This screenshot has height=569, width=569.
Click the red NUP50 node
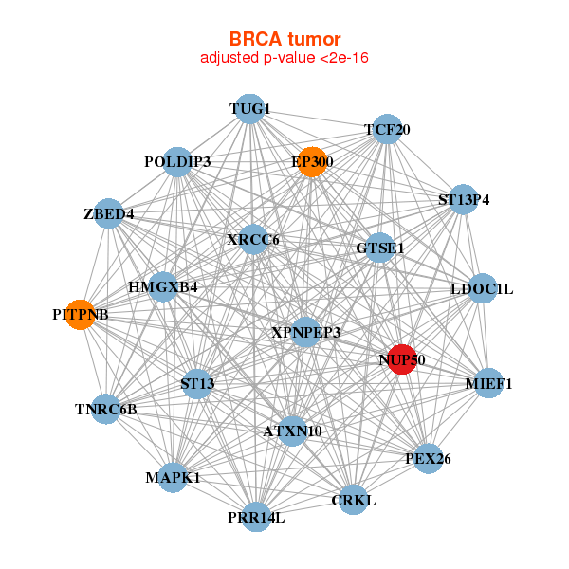(402, 359)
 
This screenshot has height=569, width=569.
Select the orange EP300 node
(312, 162)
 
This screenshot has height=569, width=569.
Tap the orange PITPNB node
(81, 315)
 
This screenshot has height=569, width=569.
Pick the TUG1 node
(249, 109)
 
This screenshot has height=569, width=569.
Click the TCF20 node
(387, 129)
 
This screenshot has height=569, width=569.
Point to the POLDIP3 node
(177, 162)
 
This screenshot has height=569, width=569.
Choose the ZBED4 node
(109, 213)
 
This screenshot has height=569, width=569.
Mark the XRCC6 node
(253, 240)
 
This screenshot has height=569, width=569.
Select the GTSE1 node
(379, 248)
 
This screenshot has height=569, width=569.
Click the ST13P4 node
(464, 199)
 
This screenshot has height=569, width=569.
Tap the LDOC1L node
(482, 289)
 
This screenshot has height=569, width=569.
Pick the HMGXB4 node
(163, 287)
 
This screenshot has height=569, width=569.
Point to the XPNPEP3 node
(306, 332)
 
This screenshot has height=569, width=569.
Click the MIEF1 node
(488, 383)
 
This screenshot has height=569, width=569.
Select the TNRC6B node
(105, 409)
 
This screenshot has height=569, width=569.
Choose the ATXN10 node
(292, 431)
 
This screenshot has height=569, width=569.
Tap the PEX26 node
(428, 458)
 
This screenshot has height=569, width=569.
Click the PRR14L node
(256, 517)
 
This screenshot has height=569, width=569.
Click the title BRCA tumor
(284, 39)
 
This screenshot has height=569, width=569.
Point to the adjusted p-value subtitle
(284, 58)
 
